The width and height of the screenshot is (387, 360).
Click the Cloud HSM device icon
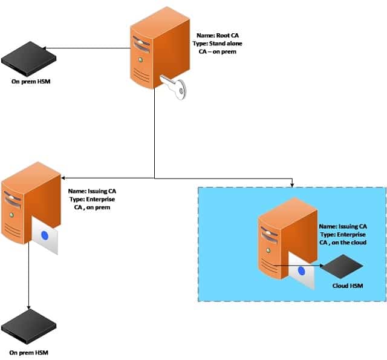coord(341,265)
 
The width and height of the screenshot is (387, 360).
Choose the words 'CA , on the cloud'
coord(342,242)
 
